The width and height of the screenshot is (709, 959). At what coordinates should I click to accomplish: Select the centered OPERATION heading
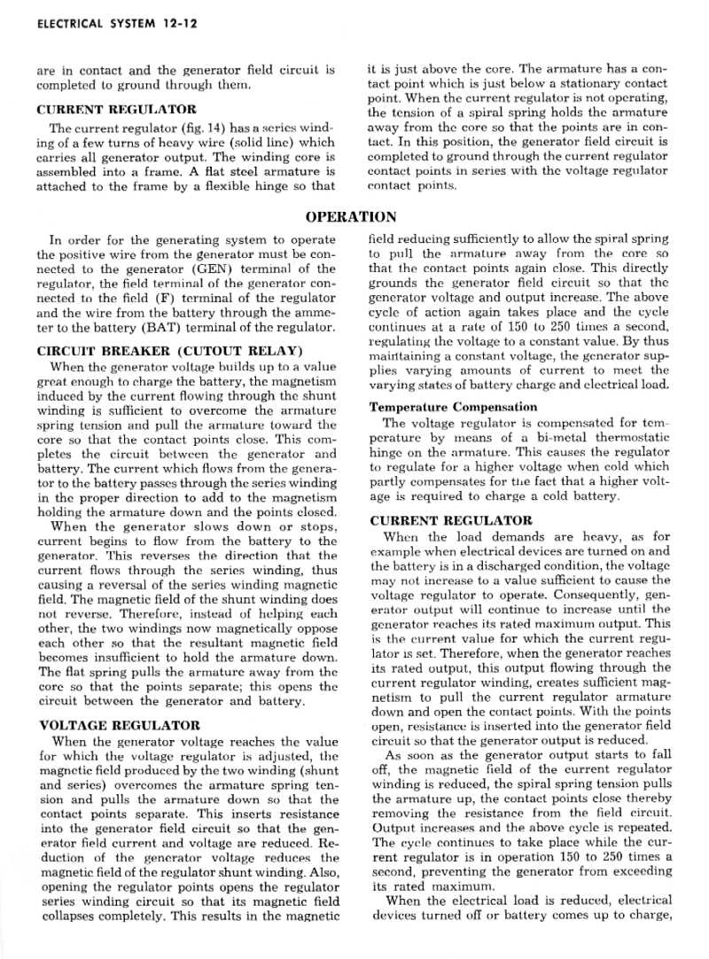(351, 217)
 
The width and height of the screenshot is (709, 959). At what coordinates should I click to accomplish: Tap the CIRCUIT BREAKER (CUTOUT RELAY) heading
(170, 350)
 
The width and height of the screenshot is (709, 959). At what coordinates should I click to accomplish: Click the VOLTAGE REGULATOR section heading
(120, 725)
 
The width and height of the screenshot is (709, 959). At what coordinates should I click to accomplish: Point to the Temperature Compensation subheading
(453, 407)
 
